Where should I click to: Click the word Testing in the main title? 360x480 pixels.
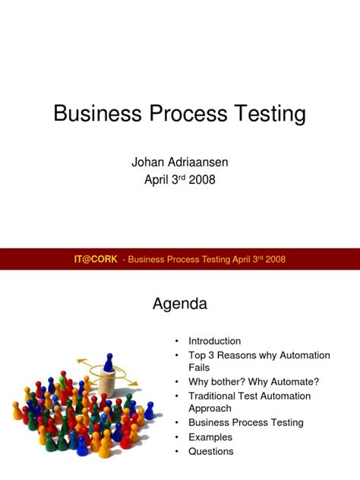pyautogui.click(x=267, y=115)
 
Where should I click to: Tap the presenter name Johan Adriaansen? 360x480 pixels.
pyautogui.click(x=179, y=162)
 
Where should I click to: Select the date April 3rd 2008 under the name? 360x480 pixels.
pyautogui.click(x=179, y=179)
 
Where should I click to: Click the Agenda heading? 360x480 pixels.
pyautogui.click(x=180, y=304)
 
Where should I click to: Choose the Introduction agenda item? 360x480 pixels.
pyautogui.click(x=214, y=341)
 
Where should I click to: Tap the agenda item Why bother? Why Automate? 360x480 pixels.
pyautogui.click(x=254, y=381)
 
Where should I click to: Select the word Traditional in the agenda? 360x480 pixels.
pyautogui.click(x=216, y=396)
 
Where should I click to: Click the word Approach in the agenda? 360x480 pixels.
pyautogui.click(x=210, y=409)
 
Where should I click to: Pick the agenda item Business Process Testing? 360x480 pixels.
pyautogui.click(x=245, y=422)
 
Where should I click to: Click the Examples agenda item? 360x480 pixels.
pyautogui.click(x=210, y=437)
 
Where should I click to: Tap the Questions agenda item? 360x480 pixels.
pyautogui.click(x=211, y=451)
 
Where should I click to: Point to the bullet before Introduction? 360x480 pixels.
pyautogui.click(x=176, y=341)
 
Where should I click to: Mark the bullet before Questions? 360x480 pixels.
pyautogui.click(x=176, y=451)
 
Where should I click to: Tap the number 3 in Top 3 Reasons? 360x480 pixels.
pyautogui.click(x=212, y=355)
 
